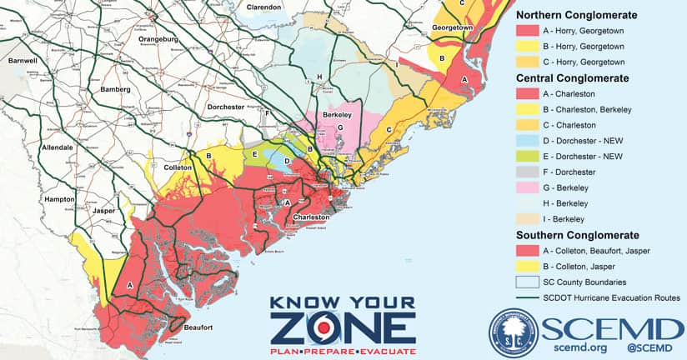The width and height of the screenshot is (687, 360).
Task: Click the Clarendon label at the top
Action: (263, 7)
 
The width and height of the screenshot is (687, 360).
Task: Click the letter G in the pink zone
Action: (339, 127)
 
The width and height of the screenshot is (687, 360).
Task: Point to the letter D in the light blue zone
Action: (287, 161)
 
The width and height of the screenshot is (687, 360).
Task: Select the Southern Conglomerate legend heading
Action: (577, 235)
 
